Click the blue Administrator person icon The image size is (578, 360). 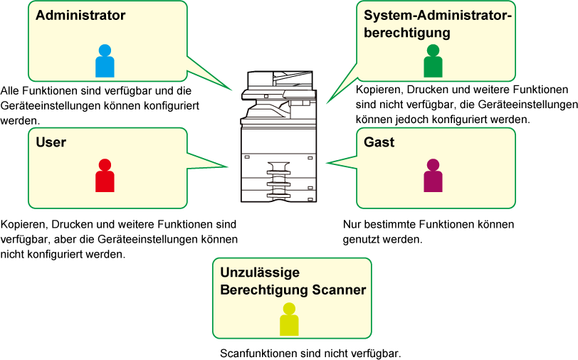point(105,60)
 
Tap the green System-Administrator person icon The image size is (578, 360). point(433,60)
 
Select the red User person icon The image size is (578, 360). point(105,176)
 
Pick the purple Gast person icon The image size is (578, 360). point(433,176)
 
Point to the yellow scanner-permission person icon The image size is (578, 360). point(289,319)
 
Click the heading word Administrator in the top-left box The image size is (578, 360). point(80,15)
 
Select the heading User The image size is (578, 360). point(51,142)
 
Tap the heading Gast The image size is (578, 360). point(379,142)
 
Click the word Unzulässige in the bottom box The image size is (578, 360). point(260,272)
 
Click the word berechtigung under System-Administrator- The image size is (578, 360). point(407,33)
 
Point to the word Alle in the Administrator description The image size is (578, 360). point(9,90)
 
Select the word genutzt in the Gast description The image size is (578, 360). point(360,240)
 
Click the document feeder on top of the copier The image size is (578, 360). point(280,80)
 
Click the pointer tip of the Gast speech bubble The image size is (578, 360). point(327,162)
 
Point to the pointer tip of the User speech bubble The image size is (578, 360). point(228,166)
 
